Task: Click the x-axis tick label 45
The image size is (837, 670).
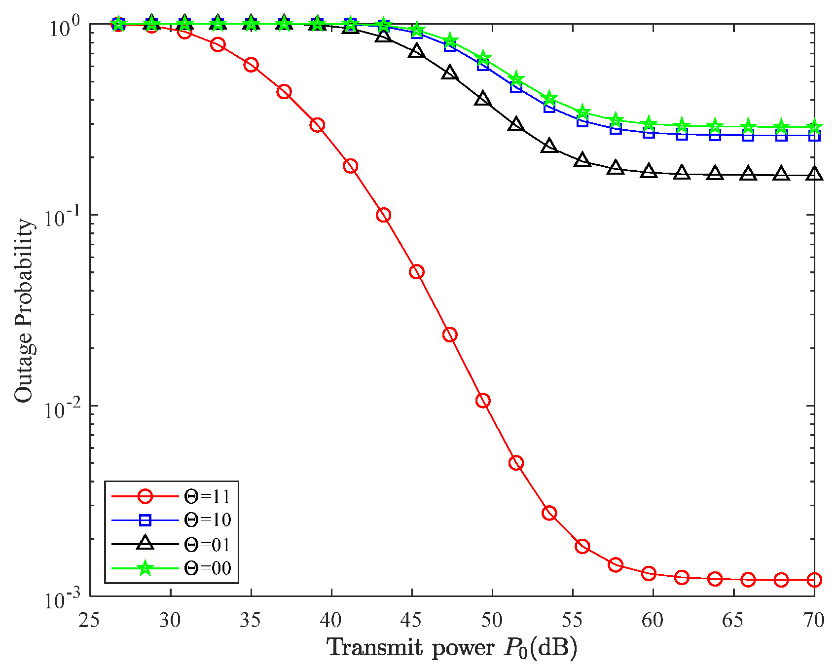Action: pos(411,620)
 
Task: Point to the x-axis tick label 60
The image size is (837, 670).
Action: pos(653,620)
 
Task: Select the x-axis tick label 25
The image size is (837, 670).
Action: pos(89,620)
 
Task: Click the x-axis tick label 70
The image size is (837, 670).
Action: pos(813,620)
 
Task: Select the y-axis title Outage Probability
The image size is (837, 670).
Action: pos(23,311)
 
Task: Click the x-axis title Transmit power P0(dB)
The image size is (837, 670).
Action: pos(452,648)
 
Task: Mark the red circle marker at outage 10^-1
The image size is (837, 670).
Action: pos(383,215)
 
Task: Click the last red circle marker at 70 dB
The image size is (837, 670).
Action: pos(814,580)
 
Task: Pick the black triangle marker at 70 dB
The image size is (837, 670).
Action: pos(814,174)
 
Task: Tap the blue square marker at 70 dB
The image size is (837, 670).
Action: pos(814,135)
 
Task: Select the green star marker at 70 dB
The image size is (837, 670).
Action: pos(814,126)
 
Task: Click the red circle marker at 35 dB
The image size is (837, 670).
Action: pos(251,65)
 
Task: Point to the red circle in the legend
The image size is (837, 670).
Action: pos(145,496)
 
